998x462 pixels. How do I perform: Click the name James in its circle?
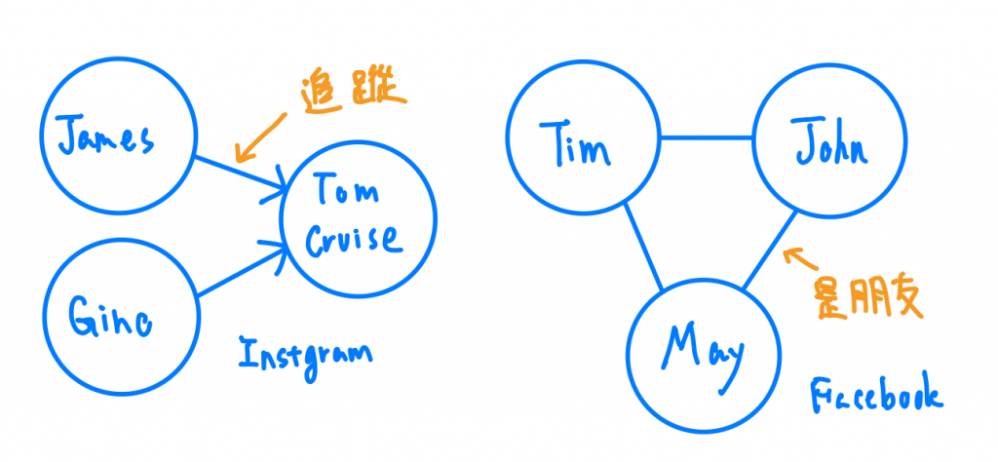click(105, 140)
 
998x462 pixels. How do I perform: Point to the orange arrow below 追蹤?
click(259, 137)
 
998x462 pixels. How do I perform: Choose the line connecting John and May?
click(770, 250)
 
